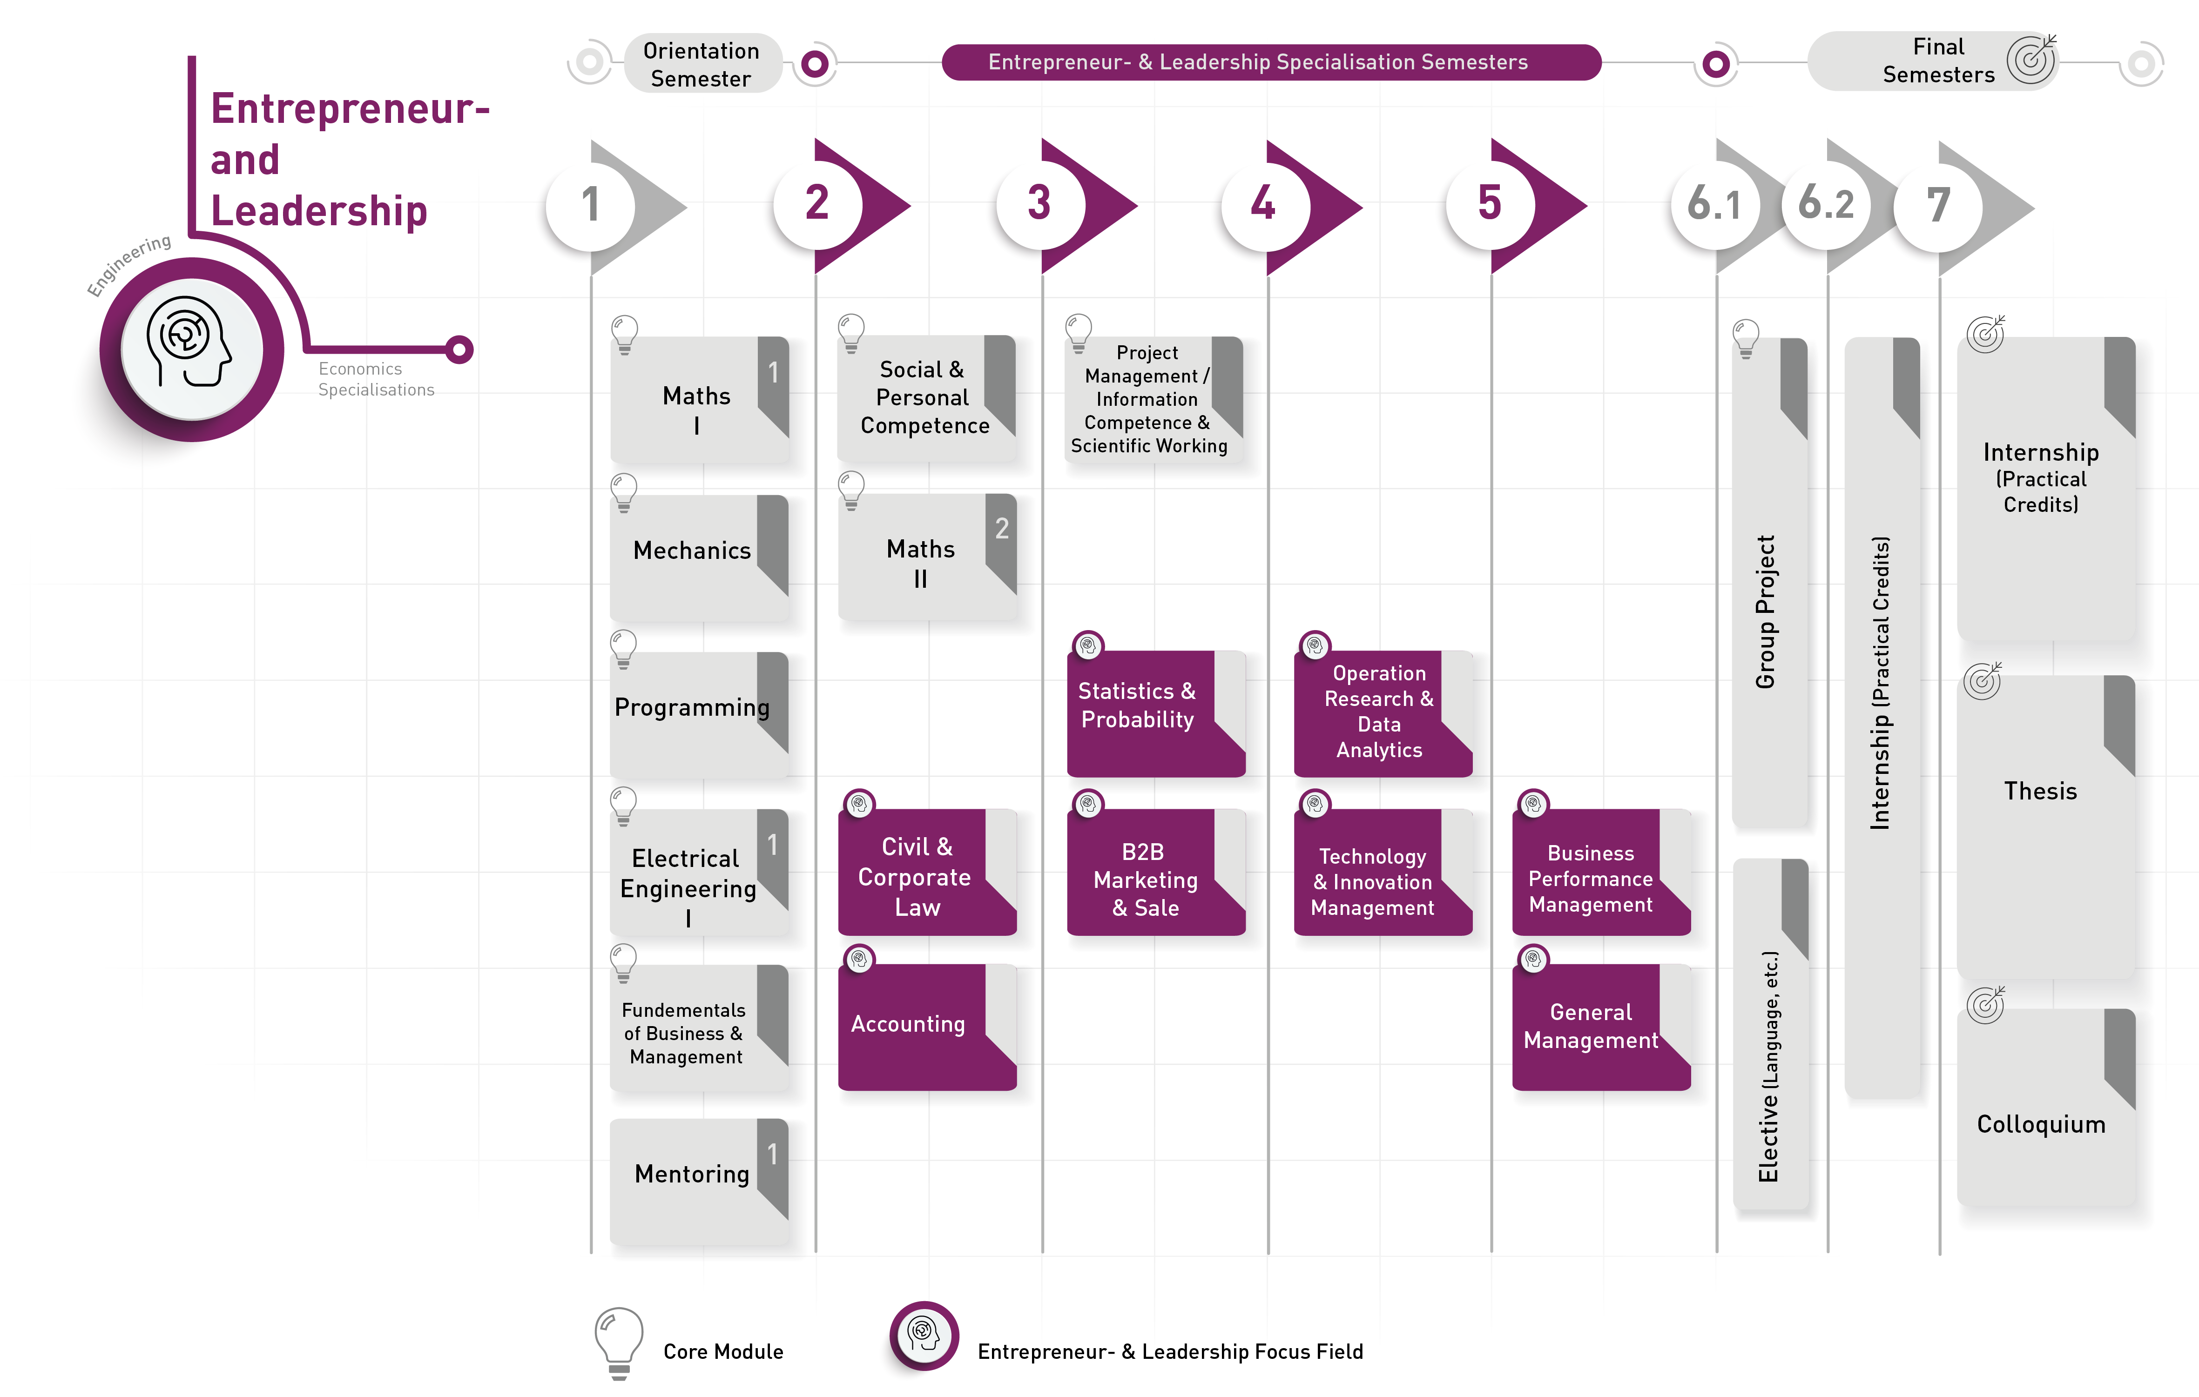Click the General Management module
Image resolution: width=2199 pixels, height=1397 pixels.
(x=1591, y=1026)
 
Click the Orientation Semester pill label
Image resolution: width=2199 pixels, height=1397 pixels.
(x=702, y=64)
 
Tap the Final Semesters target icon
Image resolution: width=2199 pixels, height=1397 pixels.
(x=2031, y=60)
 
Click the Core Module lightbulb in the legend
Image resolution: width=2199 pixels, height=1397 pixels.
(x=618, y=1339)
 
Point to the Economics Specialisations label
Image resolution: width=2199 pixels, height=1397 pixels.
(x=375, y=379)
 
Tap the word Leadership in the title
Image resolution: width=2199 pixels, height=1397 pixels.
(x=319, y=211)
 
